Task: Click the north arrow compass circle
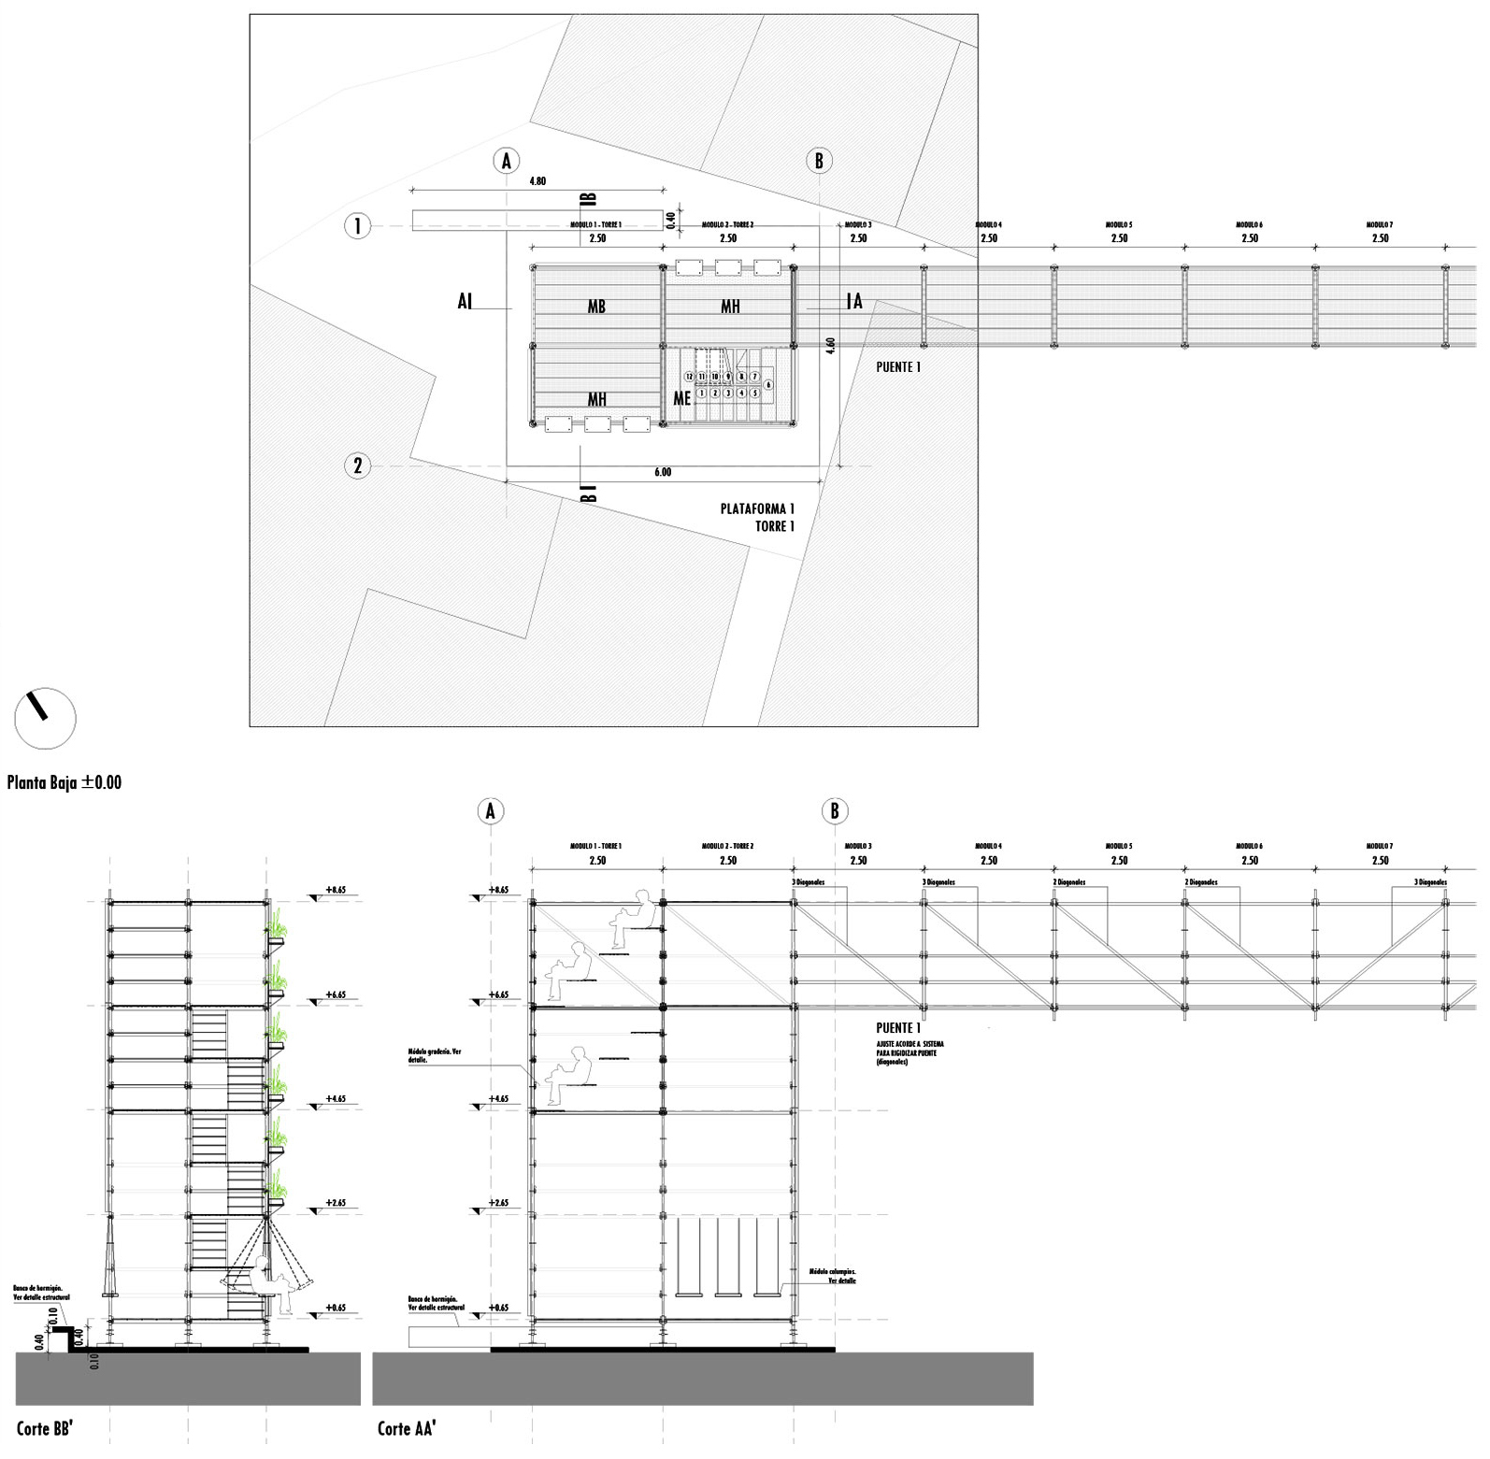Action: pos(45,718)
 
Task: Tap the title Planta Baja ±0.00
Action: pos(64,782)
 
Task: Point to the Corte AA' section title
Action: pos(408,1428)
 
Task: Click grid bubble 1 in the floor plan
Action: pos(358,225)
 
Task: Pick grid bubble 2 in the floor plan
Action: pos(358,465)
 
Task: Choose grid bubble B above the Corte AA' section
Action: pos(835,811)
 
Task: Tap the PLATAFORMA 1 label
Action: pos(757,508)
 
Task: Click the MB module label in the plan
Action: pos(596,307)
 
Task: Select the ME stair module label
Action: pos(682,398)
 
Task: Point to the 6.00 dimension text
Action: pos(662,473)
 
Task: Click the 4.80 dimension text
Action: pos(537,181)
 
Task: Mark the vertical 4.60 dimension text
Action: pos(829,346)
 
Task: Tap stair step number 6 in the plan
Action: pos(768,384)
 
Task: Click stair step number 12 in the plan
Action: pos(689,377)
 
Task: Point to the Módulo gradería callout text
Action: pos(435,1056)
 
